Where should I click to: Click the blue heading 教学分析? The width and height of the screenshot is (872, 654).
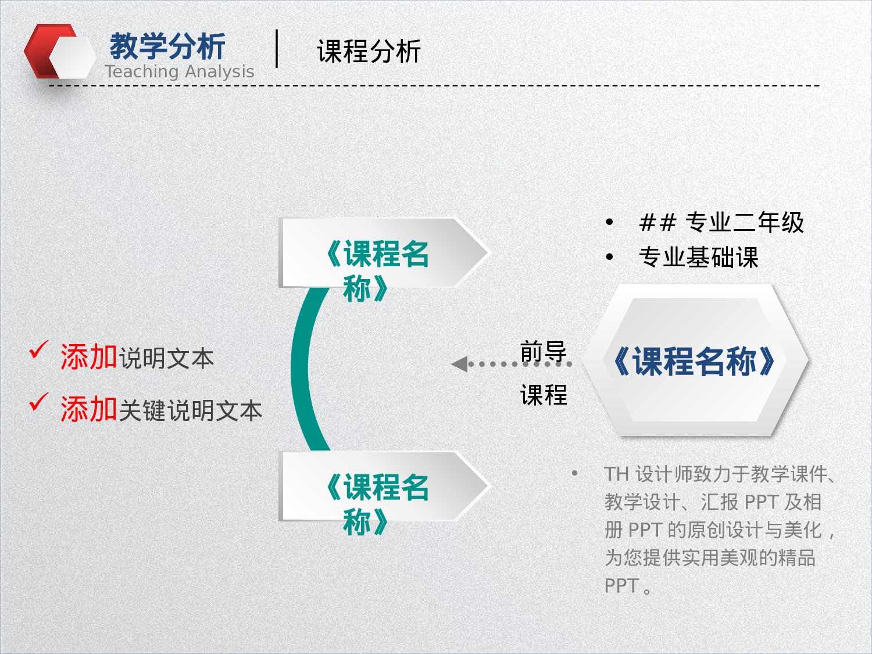[167, 47]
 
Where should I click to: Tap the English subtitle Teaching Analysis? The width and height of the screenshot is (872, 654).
[180, 72]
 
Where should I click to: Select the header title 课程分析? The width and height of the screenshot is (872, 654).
[369, 52]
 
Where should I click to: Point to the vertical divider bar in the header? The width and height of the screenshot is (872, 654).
[277, 49]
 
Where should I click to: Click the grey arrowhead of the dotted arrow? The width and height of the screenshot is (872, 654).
[460, 364]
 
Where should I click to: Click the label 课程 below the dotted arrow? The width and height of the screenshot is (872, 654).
[543, 395]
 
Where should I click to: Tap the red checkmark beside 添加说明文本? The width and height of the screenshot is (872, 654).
[38, 350]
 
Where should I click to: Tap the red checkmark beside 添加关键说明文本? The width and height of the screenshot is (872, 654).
[38, 402]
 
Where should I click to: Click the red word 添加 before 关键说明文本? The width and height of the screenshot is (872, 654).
[89, 409]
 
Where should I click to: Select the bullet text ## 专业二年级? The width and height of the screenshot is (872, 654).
[721, 223]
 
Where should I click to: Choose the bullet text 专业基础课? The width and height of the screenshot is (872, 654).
[698, 258]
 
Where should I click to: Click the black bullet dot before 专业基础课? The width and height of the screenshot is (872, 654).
[609, 257]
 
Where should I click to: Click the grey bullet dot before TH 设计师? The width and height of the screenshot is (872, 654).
[574, 473]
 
